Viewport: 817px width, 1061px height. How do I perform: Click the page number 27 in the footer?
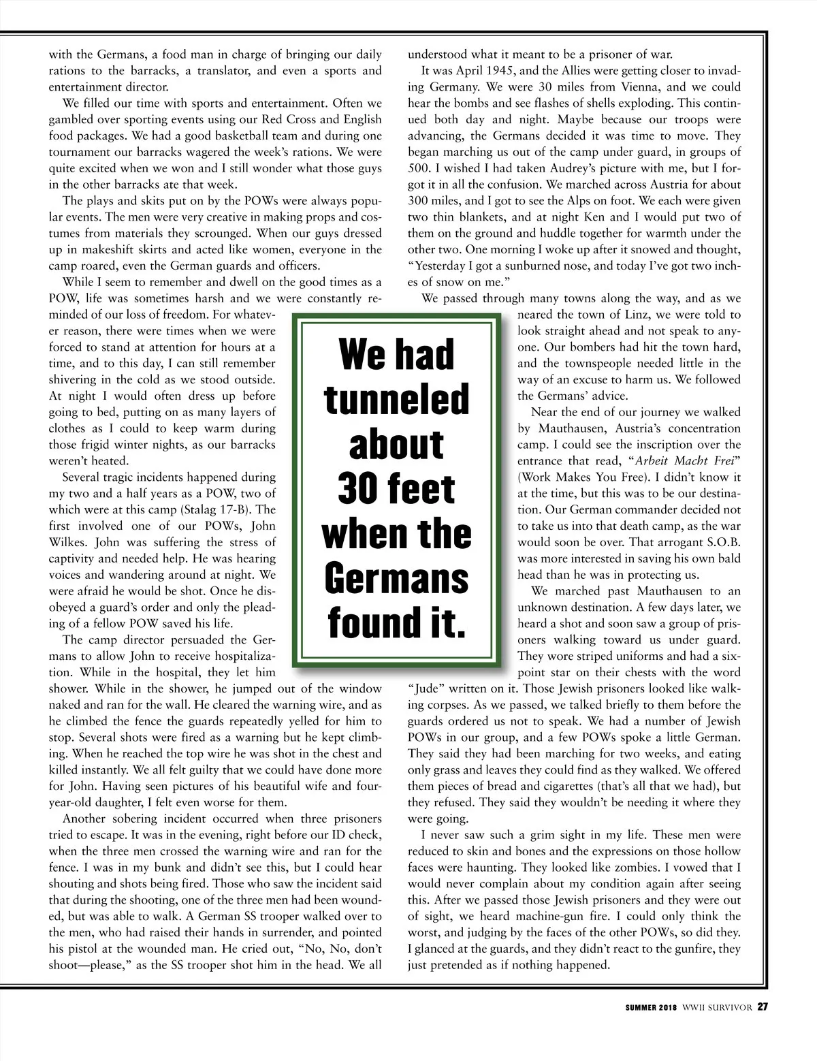click(x=763, y=1007)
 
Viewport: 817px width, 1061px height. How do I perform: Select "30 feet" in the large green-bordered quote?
click(x=396, y=488)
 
